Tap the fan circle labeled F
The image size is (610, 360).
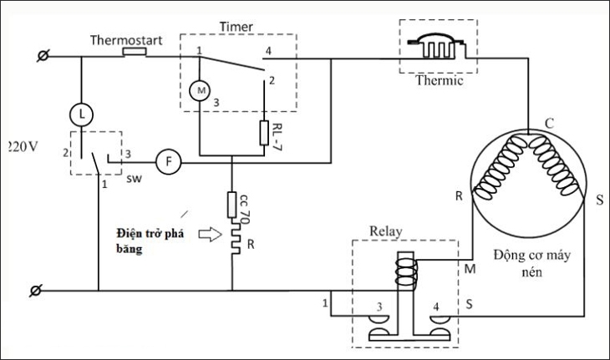[x=168, y=162]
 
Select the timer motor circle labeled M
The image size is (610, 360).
[x=200, y=89]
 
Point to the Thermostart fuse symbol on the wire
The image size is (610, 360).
[x=135, y=52]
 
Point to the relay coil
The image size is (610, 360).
[x=406, y=272]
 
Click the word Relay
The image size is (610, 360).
[x=385, y=229]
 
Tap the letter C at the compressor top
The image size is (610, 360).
[x=549, y=123]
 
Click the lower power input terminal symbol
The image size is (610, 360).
[x=36, y=291]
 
